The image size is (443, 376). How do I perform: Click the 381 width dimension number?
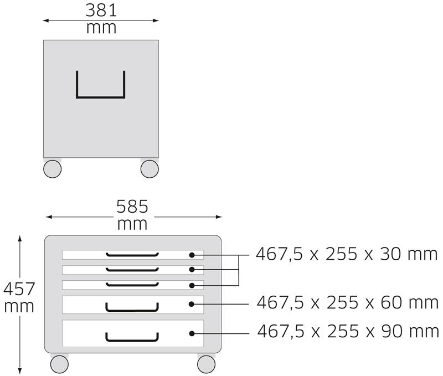(x=101, y=10)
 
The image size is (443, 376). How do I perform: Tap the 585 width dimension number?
(x=132, y=207)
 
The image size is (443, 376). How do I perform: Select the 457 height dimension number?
(x=19, y=289)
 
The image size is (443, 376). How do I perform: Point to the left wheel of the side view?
(x=52, y=169)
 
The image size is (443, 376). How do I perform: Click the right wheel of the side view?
(x=150, y=169)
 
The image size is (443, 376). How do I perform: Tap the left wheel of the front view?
(x=59, y=364)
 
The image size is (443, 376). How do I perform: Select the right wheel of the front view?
(x=206, y=364)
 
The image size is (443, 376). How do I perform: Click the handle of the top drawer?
(x=132, y=255)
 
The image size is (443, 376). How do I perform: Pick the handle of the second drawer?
(x=132, y=270)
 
